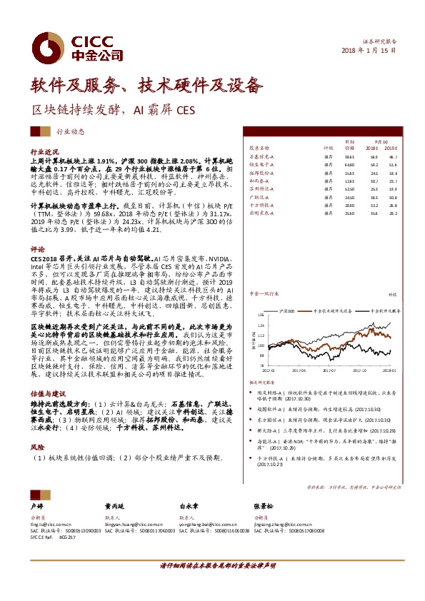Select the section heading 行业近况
[x=44, y=152]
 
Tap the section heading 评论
[x=37, y=250]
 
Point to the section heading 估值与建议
[x=48, y=393]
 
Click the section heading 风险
[x=37, y=447]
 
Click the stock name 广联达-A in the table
[x=259, y=196]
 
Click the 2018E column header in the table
[x=372, y=148]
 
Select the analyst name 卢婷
[x=36, y=504]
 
